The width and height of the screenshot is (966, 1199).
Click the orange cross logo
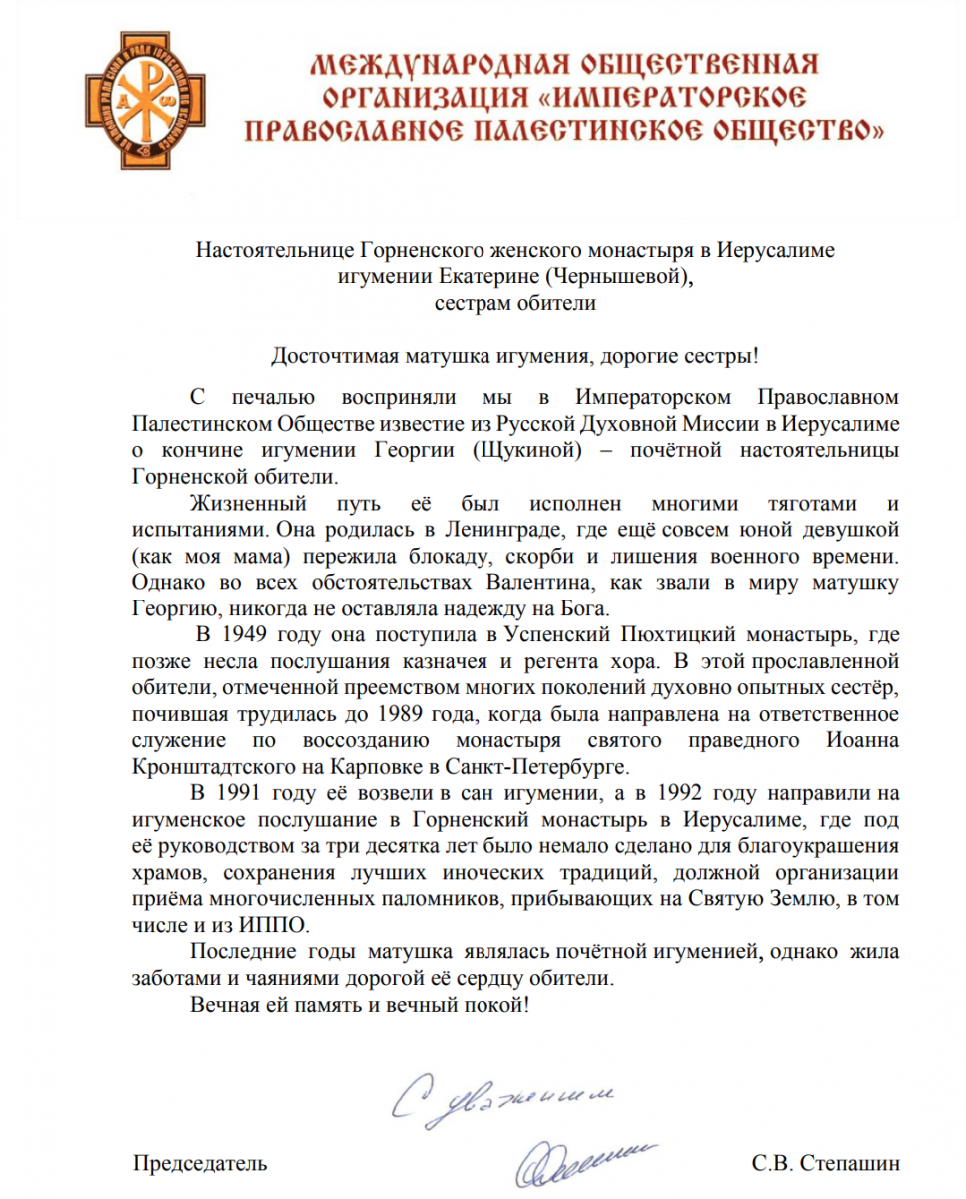(133, 103)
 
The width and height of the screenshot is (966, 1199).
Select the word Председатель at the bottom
(200, 1164)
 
